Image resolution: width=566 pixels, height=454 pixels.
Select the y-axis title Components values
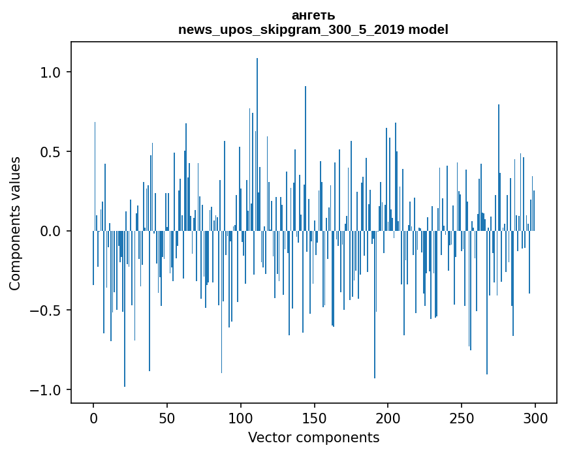point(15,223)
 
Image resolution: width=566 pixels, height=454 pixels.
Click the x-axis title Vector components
point(313,437)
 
